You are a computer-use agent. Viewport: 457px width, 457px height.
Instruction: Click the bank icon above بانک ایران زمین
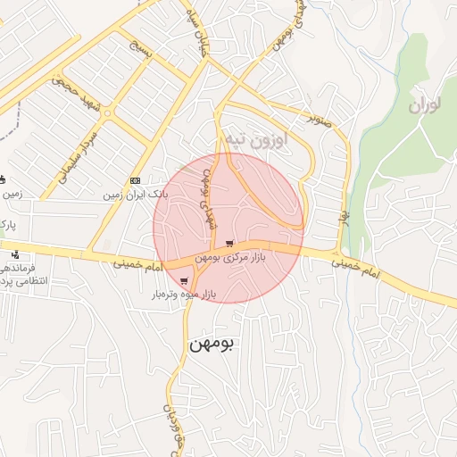click(x=135, y=180)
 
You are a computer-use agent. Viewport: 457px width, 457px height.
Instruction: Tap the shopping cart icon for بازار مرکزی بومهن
click(x=230, y=244)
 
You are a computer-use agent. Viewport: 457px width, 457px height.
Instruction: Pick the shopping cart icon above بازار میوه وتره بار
click(x=184, y=280)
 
